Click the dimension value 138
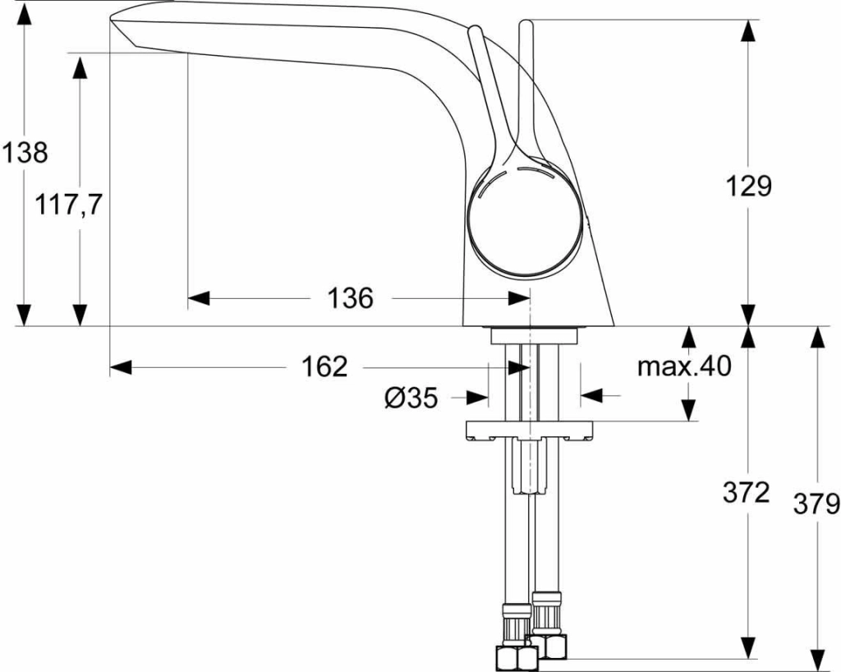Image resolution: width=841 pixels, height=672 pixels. click(25, 152)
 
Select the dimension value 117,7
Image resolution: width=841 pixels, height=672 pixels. click(68, 205)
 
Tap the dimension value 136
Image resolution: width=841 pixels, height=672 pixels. click(351, 298)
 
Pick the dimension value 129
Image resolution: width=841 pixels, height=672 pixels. click(747, 186)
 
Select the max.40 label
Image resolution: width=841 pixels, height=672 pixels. click(683, 366)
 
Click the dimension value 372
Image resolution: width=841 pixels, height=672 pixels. click(746, 493)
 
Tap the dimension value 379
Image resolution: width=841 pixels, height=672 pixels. click(816, 503)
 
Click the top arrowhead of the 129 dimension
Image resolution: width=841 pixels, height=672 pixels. click(747, 31)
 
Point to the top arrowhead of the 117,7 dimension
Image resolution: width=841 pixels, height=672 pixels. click(80, 66)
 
